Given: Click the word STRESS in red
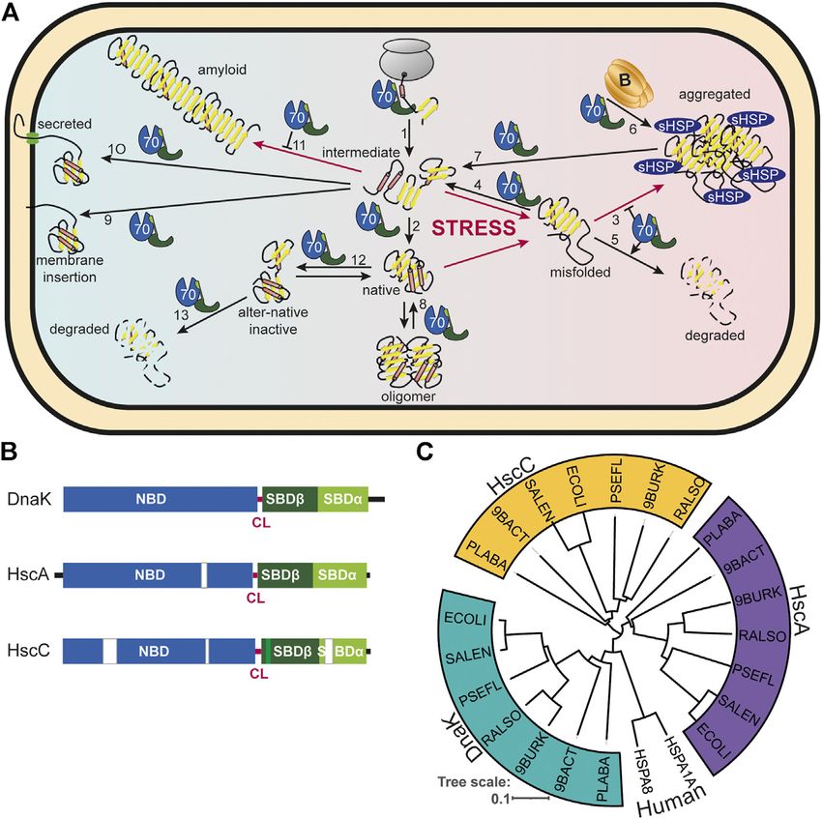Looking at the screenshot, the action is (474, 228).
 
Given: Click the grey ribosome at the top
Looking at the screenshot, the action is (403, 59).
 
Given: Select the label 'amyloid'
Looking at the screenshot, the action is (222, 70).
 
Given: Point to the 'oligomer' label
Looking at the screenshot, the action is (408, 396).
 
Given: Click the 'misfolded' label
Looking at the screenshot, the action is (580, 272).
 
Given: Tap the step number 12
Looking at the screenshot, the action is (359, 260).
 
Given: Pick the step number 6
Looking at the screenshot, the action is (632, 129).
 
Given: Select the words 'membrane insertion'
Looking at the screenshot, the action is (70, 269).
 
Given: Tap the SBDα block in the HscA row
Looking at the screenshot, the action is (338, 575).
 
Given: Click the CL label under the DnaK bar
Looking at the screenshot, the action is (261, 523).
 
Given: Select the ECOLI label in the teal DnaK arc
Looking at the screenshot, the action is (465, 618).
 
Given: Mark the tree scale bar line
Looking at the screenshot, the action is (531, 799).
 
